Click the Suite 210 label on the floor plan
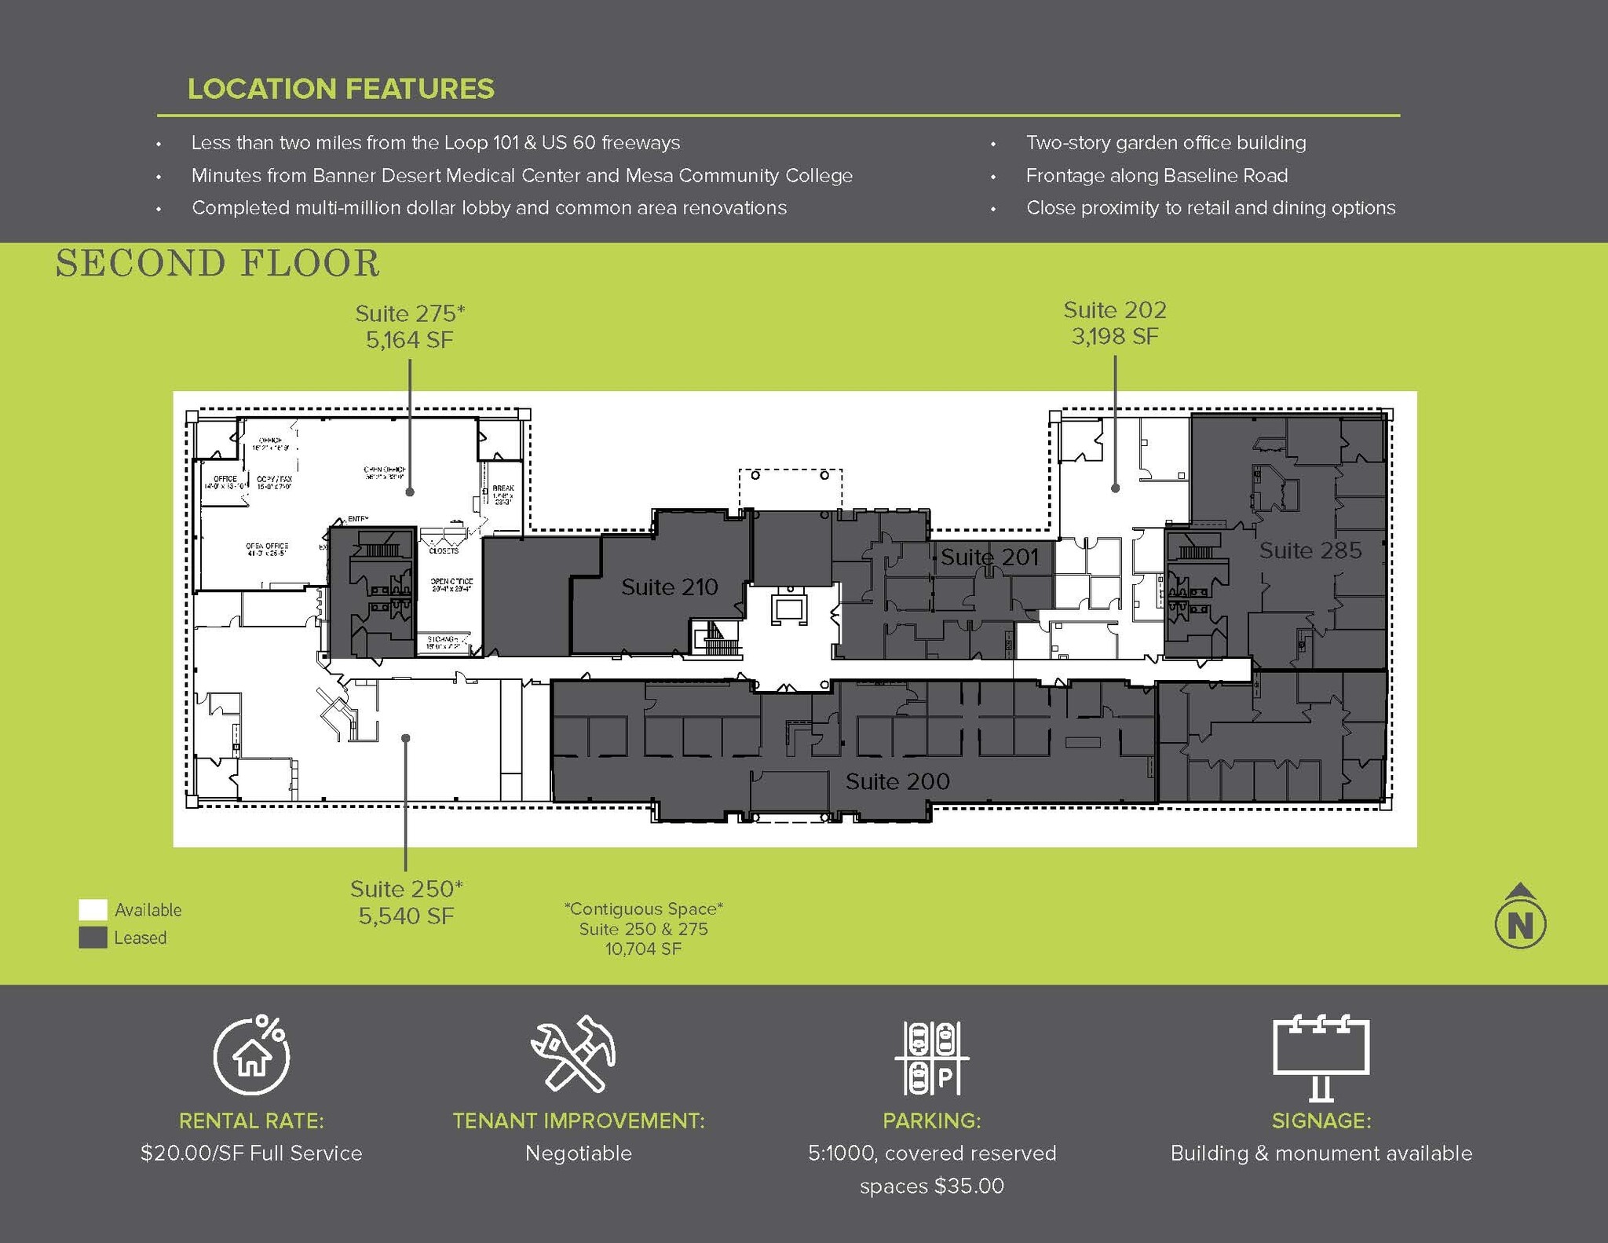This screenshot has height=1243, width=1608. coord(669,587)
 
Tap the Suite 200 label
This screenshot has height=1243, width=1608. coord(897,781)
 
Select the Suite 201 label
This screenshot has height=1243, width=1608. coord(989,557)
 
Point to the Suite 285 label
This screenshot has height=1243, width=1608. coord(1310,550)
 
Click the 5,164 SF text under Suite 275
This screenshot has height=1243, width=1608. coord(410,340)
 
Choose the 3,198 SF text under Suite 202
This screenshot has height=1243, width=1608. coord(1114,336)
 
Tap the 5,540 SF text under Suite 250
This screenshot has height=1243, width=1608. coord(406,916)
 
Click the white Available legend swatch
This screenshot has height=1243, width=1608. coord(93,909)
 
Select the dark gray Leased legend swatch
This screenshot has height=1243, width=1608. coord(93,938)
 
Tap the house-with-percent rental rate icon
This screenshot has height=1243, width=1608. coord(251,1055)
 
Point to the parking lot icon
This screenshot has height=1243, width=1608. coord(932,1058)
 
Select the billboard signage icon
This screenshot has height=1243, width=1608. coord(1321,1056)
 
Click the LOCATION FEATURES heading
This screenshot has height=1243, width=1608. coord(341,89)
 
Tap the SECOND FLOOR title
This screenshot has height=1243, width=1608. coord(217,263)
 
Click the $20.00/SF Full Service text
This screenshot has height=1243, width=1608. coord(251,1153)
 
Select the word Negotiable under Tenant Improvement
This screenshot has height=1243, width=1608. coord(578,1153)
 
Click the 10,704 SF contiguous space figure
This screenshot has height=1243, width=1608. coord(643,949)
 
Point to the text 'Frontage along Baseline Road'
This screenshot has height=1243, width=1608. coord(1157,175)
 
